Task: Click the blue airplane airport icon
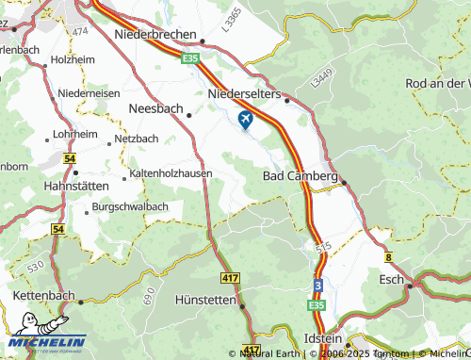(x=246, y=120)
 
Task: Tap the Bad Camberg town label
(x=300, y=176)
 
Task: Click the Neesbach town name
(x=154, y=109)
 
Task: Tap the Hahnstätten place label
(x=79, y=186)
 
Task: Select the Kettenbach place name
(x=43, y=296)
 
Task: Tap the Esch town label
(x=390, y=279)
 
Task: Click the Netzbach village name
(x=136, y=139)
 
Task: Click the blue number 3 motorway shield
(x=318, y=285)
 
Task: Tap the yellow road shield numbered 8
(x=387, y=255)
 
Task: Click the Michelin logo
(x=43, y=344)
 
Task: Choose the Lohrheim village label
(x=75, y=135)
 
